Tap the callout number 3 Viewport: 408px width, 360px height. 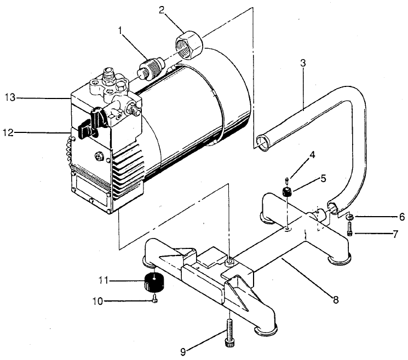click(x=302, y=62)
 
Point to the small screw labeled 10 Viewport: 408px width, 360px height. click(x=155, y=300)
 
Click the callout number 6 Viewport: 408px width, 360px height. click(x=401, y=217)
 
